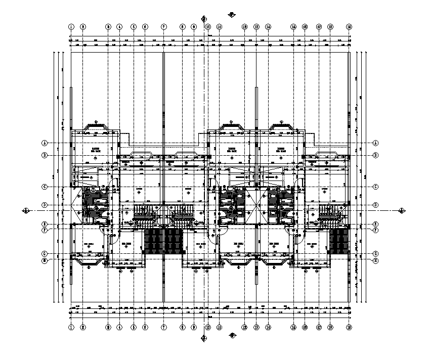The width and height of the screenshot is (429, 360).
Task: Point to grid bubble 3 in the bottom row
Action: [108, 327]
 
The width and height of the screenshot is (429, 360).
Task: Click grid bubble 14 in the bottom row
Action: [268, 327]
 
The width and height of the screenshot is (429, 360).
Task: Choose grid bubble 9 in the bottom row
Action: [194, 327]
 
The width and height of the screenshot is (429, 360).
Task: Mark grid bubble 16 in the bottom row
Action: [305, 327]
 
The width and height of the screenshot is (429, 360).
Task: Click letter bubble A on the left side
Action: [45, 143]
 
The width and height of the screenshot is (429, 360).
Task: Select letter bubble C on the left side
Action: [45, 187]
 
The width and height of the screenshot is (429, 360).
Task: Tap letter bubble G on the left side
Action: [45, 254]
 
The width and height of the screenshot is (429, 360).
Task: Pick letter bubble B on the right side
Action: [376, 155]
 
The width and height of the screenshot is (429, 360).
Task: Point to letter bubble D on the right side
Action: [376, 205]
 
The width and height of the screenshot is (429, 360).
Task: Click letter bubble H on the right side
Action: [376, 260]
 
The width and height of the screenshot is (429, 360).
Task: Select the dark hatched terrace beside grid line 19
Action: [338, 241]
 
